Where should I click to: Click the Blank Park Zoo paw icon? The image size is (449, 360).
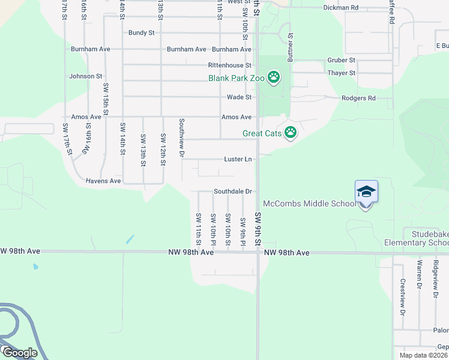(x=274, y=77)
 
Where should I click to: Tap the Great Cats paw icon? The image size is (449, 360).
(x=291, y=133)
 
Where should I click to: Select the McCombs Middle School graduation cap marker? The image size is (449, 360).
(x=366, y=193)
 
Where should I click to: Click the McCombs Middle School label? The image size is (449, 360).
(x=310, y=204)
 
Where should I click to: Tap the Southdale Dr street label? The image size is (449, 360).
(x=232, y=191)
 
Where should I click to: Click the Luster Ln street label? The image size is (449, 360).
(x=238, y=159)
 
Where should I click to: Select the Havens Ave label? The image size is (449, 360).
(x=103, y=181)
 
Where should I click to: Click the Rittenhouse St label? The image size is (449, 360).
(x=229, y=65)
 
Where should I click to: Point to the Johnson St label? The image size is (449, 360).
(x=86, y=76)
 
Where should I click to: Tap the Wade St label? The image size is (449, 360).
(x=239, y=97)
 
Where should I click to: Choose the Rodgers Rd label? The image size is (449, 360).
(x=358, y=98)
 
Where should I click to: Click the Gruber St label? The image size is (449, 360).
(x=342, y=61)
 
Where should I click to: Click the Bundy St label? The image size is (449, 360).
(x=142, y=33)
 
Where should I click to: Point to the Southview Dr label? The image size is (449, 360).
(x=181, y=137)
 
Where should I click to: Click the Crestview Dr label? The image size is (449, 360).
(x=403, y=298)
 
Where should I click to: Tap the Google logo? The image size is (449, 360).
(x=20, y=353)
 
